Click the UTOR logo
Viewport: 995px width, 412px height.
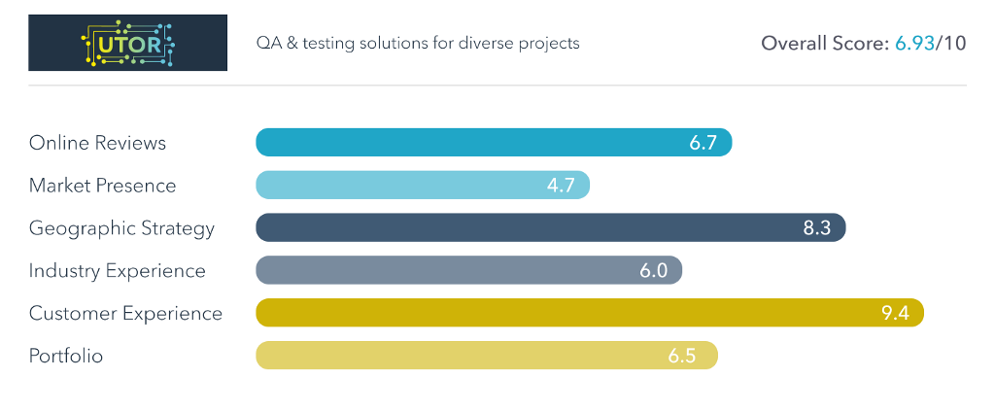[127, 43]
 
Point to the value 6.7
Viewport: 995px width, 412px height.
[703, 143]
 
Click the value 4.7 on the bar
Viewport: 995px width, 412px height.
[561, 186]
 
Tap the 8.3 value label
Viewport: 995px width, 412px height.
[816, 228]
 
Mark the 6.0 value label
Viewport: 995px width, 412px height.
[653, 271]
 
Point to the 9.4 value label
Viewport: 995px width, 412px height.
[894, 314]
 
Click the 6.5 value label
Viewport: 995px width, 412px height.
[682, 357]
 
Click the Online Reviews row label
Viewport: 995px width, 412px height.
[97, 143]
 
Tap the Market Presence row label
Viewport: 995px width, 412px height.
[102, 186]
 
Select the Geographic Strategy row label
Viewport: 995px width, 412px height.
[121, 228]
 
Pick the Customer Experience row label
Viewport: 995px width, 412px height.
[125, 314]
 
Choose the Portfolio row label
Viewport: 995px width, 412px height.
[65, 357]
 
